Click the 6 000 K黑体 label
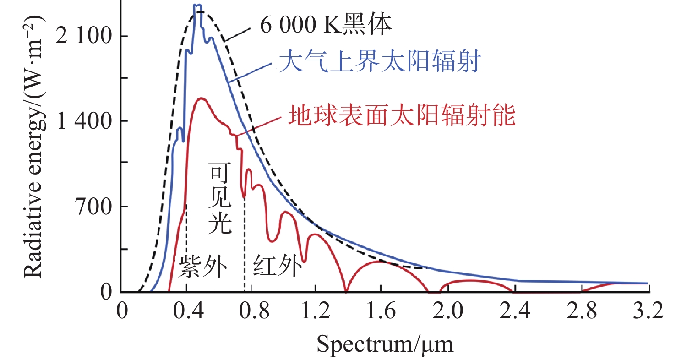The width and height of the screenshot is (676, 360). click(327, 26)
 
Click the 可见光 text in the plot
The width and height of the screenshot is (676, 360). click(220, 198)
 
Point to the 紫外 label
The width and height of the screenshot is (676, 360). click(203, 267)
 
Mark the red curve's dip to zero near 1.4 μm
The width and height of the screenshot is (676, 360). click(346, 290)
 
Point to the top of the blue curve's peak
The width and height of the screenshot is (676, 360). click(197, 5)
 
